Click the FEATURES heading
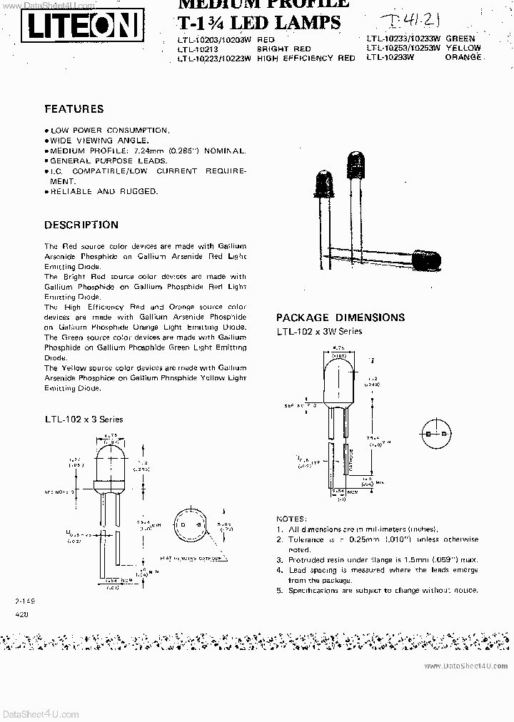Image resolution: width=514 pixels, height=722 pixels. pyautogui.click(x=74, y=109)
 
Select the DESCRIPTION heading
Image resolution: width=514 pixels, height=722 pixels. pyautogui.click(x=81, y=225)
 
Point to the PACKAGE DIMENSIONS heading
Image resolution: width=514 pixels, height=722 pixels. pyautogui.click(x=340, y=317)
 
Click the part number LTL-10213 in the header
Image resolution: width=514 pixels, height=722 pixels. pyautogui.click(x=199, y=48)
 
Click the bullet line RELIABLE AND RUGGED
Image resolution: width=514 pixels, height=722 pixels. pyautogui.click(x=104, y=191)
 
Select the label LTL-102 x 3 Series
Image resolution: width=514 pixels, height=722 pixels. pyautogui.click(x=84, y=420)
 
